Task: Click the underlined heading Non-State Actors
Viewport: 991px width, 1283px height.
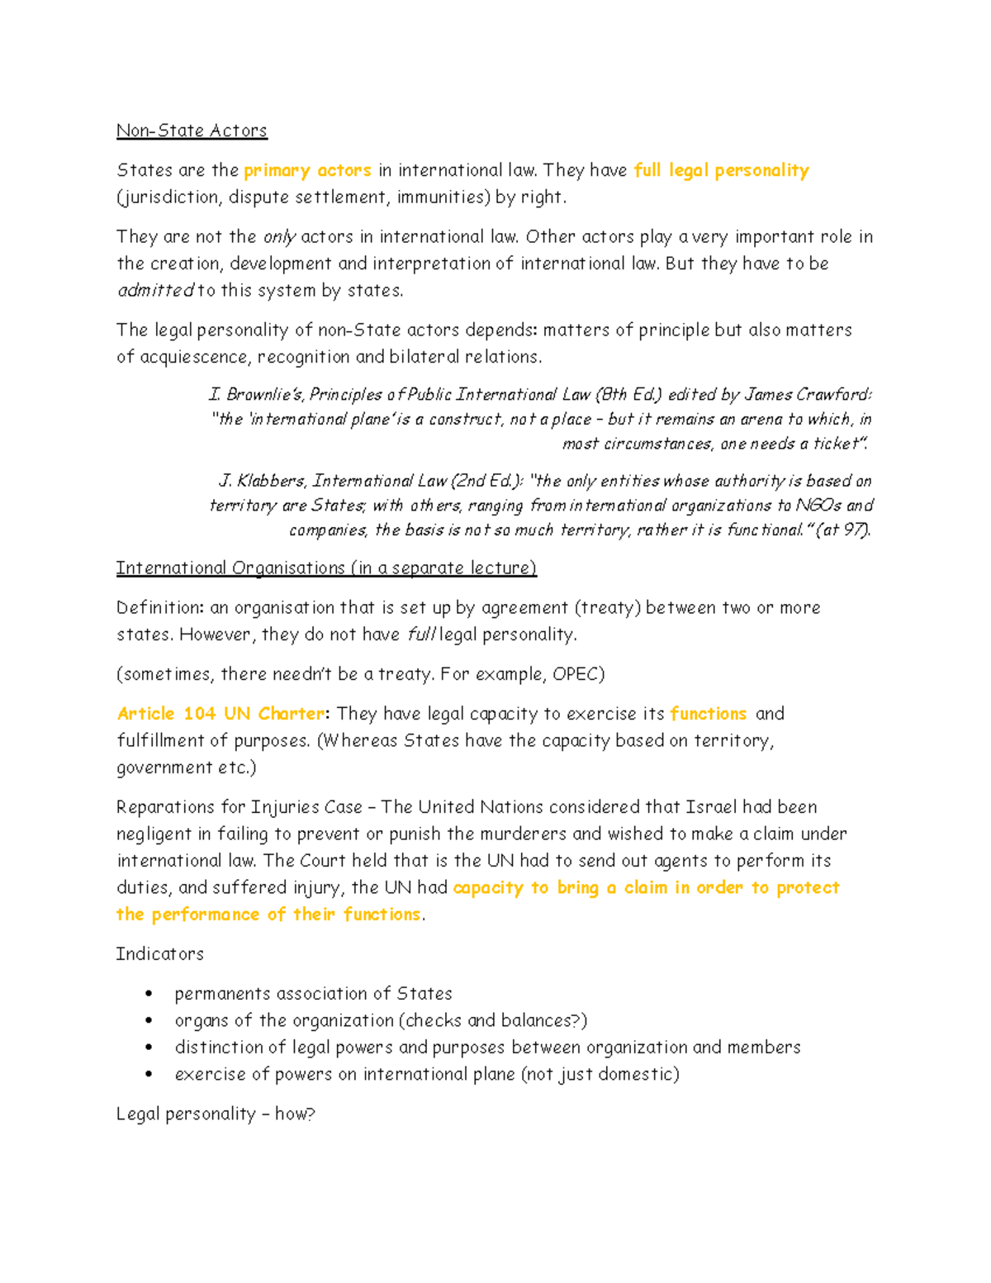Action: point(192,131)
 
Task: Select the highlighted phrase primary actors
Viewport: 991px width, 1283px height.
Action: point(307,170)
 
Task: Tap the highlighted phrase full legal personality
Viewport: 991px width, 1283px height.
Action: point(721,170)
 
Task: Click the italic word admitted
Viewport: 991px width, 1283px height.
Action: point(155,291)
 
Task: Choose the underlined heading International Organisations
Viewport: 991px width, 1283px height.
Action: point(230,568)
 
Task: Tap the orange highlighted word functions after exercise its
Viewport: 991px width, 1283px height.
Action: point(708,714)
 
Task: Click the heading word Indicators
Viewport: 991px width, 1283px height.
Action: point(160,954)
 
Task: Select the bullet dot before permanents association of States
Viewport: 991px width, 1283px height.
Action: point(149,994)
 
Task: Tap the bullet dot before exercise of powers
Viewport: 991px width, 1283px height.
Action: point(149,1074)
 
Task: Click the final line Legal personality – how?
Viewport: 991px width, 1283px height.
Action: point(216,1114)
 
